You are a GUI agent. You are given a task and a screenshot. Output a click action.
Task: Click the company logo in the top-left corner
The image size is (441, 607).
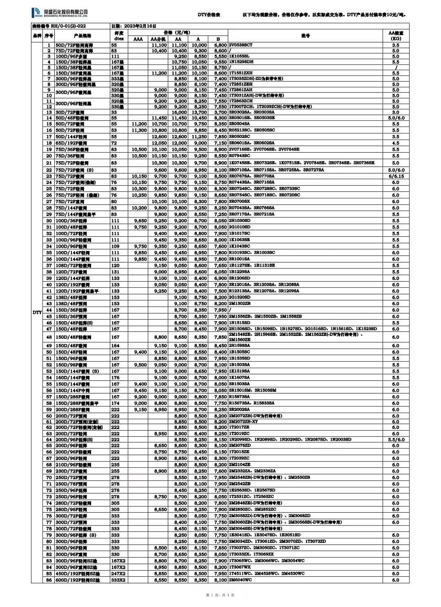pyautogui.click(x=59, y=13)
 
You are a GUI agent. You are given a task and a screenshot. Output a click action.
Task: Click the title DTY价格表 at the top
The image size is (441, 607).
pyautogui.click(x=209, y=15)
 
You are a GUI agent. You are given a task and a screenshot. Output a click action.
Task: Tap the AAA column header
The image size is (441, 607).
pyautogui.click(x=138, y=39)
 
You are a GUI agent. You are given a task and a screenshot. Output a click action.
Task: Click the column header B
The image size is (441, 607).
pyautogui.click(x=218, y=39)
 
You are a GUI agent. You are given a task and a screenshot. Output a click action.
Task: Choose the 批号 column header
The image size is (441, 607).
pyautogui.click(x=305, y=36)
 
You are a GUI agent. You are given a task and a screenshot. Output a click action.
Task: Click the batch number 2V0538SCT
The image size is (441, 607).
pyautogui.click(x=241, y=45)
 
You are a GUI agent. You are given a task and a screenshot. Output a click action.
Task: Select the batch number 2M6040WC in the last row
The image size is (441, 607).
pyautogui.click(x=240, y=580)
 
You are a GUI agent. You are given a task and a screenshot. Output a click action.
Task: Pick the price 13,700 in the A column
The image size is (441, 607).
pyautogui.click(x=199, y=112)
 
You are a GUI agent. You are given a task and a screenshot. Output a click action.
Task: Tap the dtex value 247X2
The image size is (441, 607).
pyautogui.click(x=118, y=574)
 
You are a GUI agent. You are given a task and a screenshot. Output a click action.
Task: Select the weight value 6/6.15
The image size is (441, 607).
pyautogui.click(x=395, y=176)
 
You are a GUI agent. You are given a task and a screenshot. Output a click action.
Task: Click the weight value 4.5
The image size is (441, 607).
pyautogui.click(x=395, y=143)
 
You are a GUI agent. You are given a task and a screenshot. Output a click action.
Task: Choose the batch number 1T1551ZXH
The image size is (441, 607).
pyautogui.click(x=241, y=73)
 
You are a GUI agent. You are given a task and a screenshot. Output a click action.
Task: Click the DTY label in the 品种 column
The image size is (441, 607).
pyautogui.click(x=37, y=313)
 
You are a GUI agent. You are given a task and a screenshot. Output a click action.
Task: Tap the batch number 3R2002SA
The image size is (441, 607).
pyautogui.click(x=239, y=409)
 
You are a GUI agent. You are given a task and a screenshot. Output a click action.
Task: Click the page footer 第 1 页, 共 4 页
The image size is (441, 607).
pyautogui.click(x=220, y=595)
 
